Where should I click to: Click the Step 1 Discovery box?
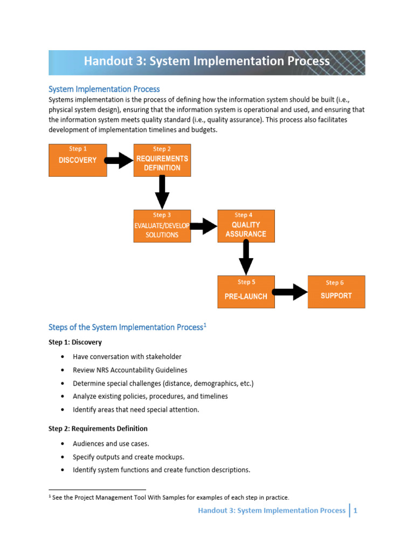tap(78, 160)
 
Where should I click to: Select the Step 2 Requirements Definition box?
tap(162, 160)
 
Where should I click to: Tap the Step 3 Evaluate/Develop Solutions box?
tap(162, 226)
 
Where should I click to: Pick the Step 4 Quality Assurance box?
tap(246, 226)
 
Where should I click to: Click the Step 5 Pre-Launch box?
tap(246, 292)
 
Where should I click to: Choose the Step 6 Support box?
tap(336, 292)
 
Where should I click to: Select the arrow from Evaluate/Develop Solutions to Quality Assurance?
tap(203, 226)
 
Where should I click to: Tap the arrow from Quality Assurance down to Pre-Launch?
tap(246, 258)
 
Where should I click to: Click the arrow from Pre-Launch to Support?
tap(290, 292)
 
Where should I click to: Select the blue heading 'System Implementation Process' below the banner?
tap(104, 89)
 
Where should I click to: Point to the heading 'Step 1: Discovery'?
tap(75, 342)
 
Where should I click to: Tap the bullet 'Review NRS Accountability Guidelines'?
tap(130, 370)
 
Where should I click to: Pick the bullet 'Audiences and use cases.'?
tap(111, 443)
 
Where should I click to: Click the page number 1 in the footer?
tap(356, 510)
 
